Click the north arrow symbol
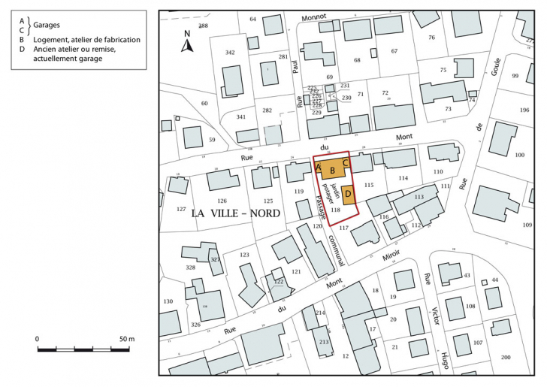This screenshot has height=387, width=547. pos(187,42)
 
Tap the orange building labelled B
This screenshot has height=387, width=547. pos(332,170)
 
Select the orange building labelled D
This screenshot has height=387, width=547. pos(348,194)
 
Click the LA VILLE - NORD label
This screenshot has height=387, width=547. pos(235,213)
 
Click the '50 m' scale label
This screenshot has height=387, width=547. pos(126,340)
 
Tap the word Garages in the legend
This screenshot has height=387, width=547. pos(49,25)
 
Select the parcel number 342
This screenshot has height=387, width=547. pos(230,52)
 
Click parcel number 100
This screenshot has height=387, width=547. pos(518,155)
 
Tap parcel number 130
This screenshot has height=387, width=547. pos(168,301)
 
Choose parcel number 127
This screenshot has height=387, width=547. pos(180,209)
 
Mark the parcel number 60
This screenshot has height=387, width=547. pos(204,103)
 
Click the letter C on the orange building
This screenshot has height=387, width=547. pos(346,162)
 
